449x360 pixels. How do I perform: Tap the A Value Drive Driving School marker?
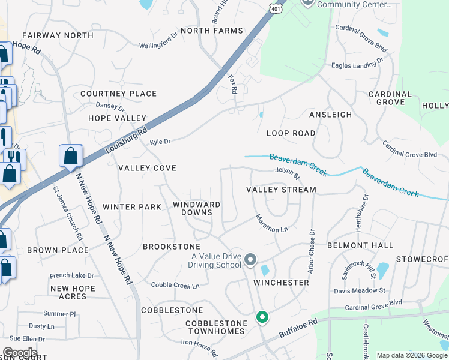pos(251,260)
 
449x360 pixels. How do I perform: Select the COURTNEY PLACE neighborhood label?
pos(118,94)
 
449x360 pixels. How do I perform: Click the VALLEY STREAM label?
pos(281,190)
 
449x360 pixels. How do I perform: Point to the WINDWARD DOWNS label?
pos(196,208)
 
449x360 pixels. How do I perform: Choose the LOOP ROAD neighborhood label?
pos(291,133)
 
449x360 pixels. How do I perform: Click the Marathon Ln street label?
pos(272,224)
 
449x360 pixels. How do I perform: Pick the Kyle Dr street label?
pos(160,142)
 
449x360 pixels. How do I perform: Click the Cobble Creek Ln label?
pos(175,286)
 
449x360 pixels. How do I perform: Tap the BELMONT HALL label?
pos(360,245)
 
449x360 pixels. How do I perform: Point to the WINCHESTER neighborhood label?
pos(281,282)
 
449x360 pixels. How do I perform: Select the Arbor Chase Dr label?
pos(311,251)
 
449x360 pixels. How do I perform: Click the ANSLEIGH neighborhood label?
pos(330,114)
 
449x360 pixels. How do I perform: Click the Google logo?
pos(20,353)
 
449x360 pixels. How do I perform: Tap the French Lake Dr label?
pos(72,275)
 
